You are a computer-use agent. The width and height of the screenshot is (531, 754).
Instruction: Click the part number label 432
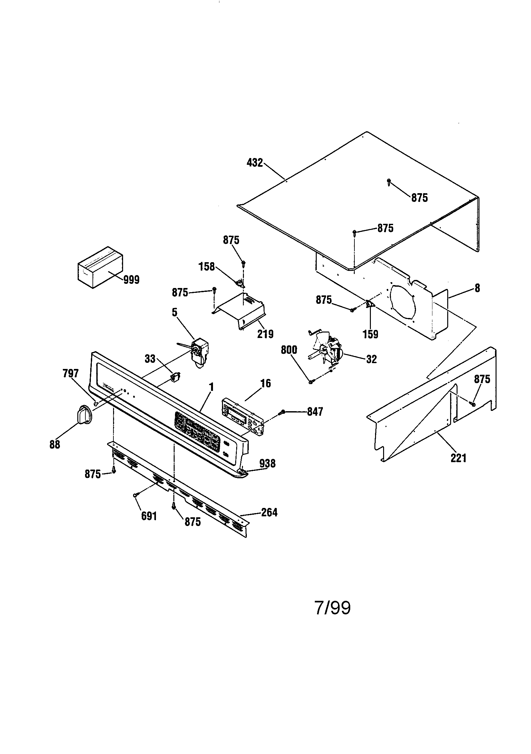coord(255,163)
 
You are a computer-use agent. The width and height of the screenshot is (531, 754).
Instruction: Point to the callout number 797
coord(71,373)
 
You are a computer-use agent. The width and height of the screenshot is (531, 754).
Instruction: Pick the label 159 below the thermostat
coord(371,334)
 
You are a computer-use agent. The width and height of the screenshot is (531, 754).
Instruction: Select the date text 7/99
coord(333,608)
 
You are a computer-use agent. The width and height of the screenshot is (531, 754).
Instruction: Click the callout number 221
coord(458,458)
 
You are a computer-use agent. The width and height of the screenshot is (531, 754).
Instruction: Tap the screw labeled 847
coord(281,412)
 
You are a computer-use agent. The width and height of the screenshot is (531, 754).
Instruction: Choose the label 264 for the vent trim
coord(269,512)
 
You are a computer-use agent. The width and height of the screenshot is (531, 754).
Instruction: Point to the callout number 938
coord(267,463)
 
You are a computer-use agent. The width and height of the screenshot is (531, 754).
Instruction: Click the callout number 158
coord(207,266)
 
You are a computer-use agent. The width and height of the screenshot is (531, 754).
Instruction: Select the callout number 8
coord(477,288)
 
